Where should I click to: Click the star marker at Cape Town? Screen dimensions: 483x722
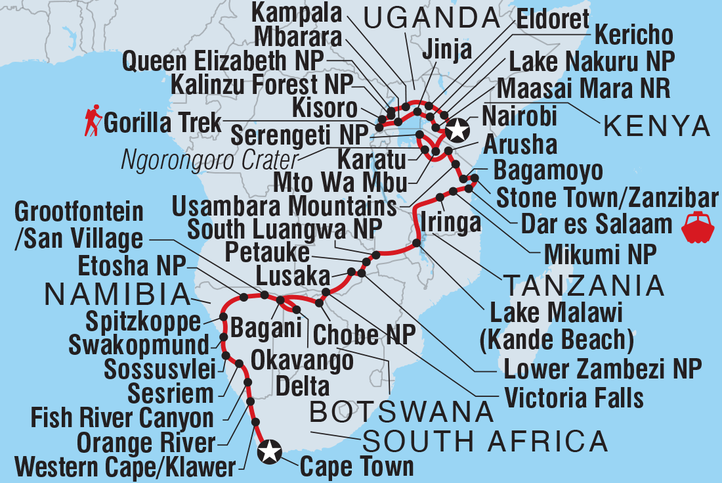click(x=269, y=451)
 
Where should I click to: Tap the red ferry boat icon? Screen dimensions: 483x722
click(x=696, y=226)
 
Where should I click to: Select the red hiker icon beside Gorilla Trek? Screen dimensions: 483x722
click(x=91, y=123)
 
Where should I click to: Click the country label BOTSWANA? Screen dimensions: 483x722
click(x=401, y=412)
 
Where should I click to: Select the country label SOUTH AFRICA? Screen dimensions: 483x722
click(x=486, y=441)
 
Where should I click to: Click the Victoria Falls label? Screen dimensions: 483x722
click(x=574, y=398)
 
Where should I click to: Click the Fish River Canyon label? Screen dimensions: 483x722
click(x=123, y=418)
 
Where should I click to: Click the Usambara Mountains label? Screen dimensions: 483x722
click(x=284, y=206)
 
